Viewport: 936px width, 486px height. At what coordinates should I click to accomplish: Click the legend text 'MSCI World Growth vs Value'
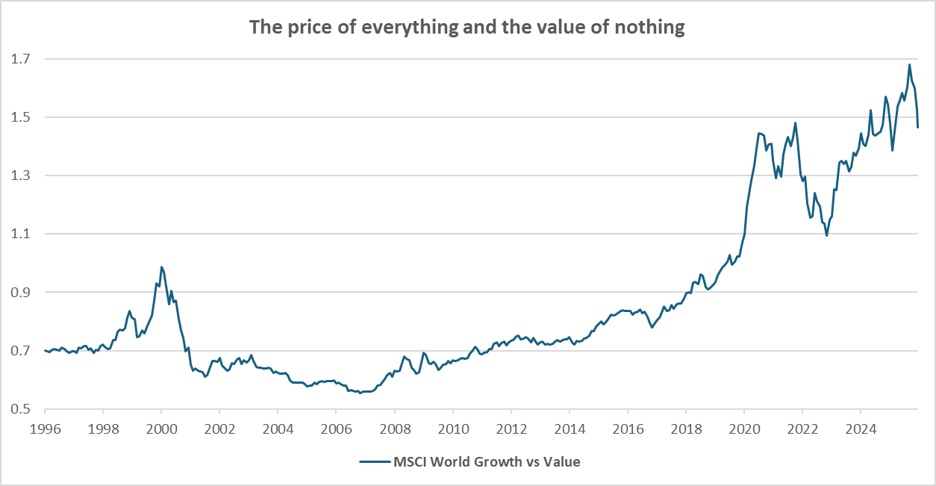(487, 462)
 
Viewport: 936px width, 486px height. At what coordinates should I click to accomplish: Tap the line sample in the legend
(374, 462)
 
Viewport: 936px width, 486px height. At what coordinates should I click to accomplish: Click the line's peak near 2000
(161, 267)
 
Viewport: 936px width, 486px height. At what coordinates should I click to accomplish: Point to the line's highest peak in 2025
(909, 64)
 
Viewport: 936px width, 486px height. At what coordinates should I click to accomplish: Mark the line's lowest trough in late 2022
(826, 236)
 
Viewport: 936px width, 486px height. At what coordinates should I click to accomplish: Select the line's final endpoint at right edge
(918, 128)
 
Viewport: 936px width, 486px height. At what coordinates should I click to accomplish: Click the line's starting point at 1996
(45, 350)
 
